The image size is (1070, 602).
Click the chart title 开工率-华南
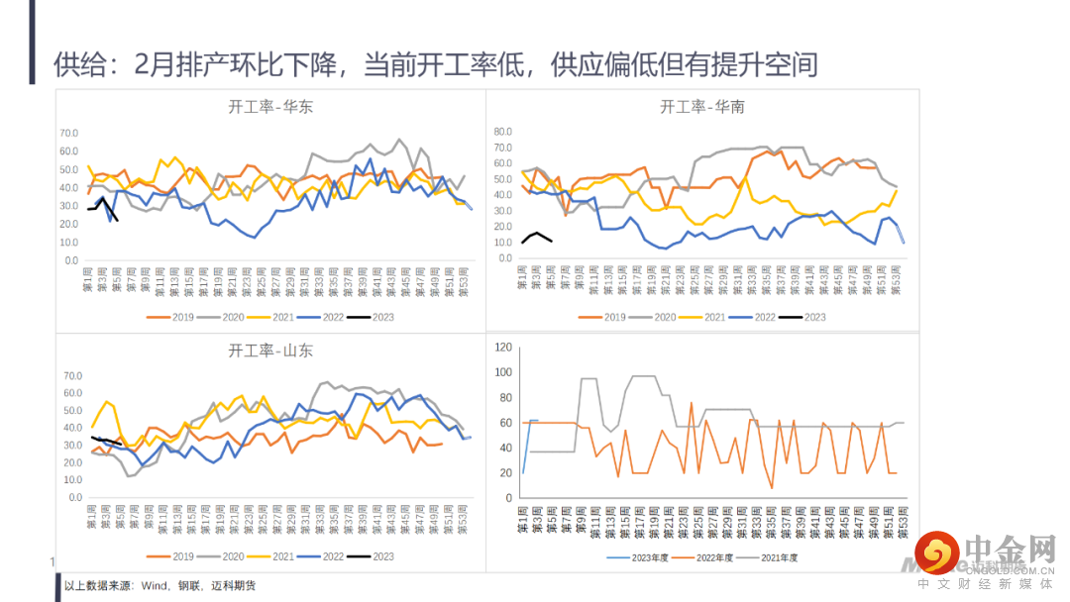(x=701, y=107)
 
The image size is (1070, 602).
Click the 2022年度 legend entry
(x=712, y=557)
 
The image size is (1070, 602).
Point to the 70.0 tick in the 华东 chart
(x=69, y=133)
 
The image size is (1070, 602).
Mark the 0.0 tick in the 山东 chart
(x=72, y=514)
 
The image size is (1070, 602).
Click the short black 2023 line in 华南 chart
(x=536, y=236)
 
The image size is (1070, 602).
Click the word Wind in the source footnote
(x=156, y=586)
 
